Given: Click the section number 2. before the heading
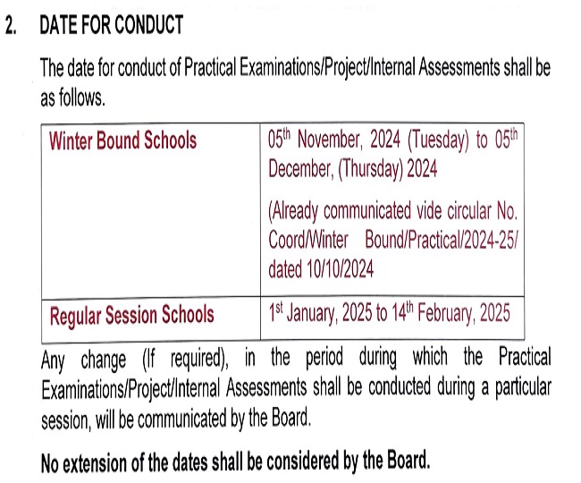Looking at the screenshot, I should coord(12,25).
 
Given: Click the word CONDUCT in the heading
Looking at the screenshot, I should coord(147,25).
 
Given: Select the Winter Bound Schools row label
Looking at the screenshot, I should coord(122,141).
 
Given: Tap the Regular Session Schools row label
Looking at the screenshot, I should coord(131,315).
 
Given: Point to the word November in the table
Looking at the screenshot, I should coord(335,141).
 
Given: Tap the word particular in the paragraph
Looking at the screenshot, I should coord(516,390).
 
